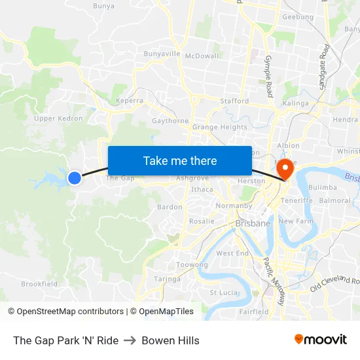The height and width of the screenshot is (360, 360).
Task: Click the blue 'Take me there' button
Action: click(179, 160)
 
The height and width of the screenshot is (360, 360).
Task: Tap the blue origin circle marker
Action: click(75, 177)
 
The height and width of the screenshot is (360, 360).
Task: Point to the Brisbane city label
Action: click(252, 223)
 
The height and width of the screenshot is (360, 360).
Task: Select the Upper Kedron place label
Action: click(58, 118)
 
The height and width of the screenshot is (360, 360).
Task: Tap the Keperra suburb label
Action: click(129, 101)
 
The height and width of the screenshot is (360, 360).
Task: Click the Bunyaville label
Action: click(162, 53)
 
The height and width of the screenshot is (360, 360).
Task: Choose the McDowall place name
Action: click(202, 56)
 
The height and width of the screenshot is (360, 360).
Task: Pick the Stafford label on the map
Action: click(234, 101)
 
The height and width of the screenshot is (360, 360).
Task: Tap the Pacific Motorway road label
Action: click(274, 281)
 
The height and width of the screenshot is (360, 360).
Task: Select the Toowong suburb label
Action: click(192, 265)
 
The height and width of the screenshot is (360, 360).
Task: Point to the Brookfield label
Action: click(39, 284)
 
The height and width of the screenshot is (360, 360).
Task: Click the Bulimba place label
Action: click(322, 187)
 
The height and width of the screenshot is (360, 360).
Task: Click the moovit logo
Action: click(320, 340)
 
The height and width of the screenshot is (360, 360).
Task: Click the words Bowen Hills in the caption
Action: click(170, 340)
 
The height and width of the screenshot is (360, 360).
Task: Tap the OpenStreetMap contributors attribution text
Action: click(65, 312)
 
